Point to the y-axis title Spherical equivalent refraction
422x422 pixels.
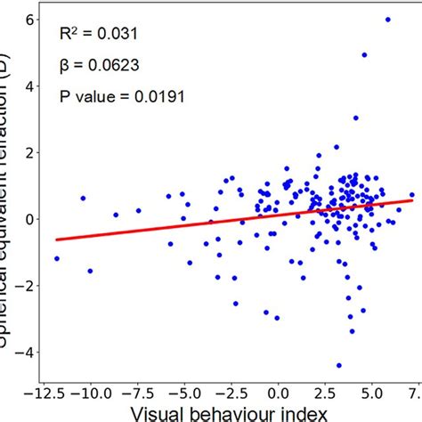[x=10, y=178]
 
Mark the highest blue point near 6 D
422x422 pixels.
[x=387, y=20]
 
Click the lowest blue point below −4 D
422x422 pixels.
[x=339, y=365]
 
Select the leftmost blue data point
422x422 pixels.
[x=57, y=258]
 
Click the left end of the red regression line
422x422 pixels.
[x=57, y=239]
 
